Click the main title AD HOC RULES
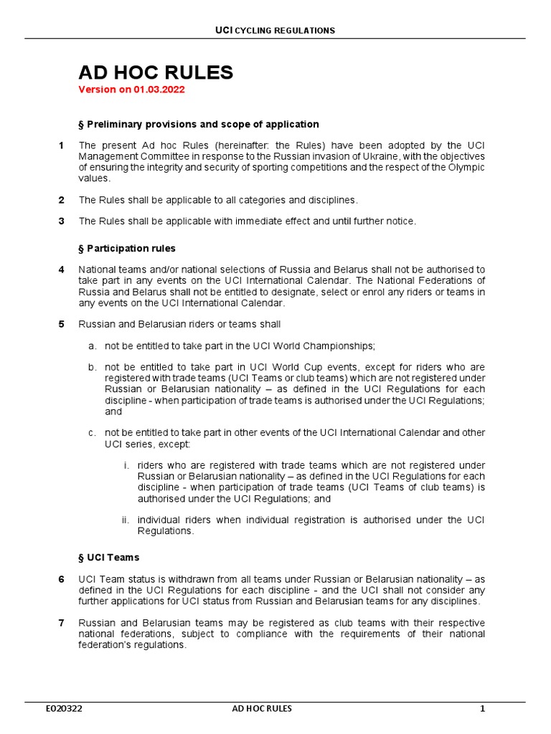point(156,72)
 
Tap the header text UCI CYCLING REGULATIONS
point(275,30)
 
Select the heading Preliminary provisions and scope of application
point(199,125)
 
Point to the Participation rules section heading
point(127,249)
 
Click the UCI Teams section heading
point(108,557)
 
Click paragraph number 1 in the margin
point(62,146)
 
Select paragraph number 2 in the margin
point(62,200)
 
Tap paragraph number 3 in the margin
point(62,221)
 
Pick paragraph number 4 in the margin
point(62,270)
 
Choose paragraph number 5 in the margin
point(62,324)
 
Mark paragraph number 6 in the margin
point(62,578)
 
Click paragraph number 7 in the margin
point(62,622)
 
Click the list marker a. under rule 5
point(93,346)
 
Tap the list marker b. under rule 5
point(93,367)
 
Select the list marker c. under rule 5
point(93,433)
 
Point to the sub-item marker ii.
point(126,520)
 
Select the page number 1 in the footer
point(483,709)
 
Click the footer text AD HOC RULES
point(262,709)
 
